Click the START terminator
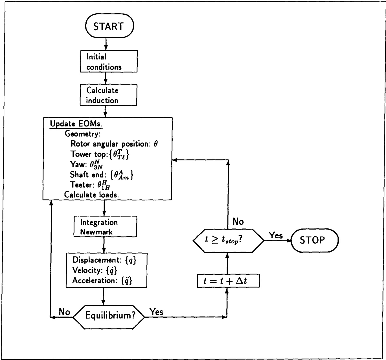pyautogui.click(x=109, y=26)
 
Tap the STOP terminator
pyautogui.click(x=314, y=240)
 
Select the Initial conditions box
pyautogui.click(x=109, y=62)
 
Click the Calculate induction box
pyautogui.click(x=109, y=95)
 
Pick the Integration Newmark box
pyautogui.click(x=105, y=227)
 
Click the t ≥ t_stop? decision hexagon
pyautogui.click(x=228, y=240)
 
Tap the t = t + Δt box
pyautogui.click(x=228, y=281)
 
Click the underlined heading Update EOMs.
pyautogui.click(x=76, y=124)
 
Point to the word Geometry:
pyautogui.click(x=83, y=134)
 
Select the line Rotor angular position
pyautogui.click(x=114, y=144)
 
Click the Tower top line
pyautogui.click(x=100, y=154)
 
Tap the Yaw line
pyautogui.click(x=86, y=164)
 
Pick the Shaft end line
pyautogui.click(x=102, y=175)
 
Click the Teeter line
pyautogui.click(x=90, y=185)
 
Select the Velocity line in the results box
pyautogui.click(x=95, y=270)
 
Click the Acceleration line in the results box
pyautogui.click(x=102, y=280)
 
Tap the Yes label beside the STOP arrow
pyautogui.click(x=276, y=235)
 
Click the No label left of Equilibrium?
pyautogui.click(x=64, y=312)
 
